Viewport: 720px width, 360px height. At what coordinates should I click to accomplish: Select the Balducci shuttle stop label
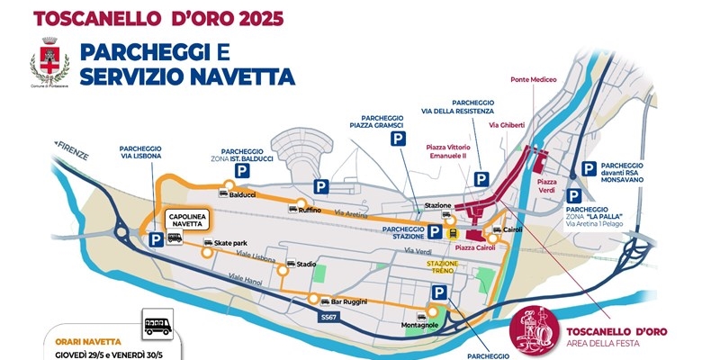(x=244, y=194)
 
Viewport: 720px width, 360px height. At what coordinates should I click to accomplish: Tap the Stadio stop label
(x=307, y=265)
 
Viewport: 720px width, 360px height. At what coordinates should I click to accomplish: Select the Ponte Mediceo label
(x=535, y=79)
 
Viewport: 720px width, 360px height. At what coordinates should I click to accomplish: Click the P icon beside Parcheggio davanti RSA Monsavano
(x=589, y=168)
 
